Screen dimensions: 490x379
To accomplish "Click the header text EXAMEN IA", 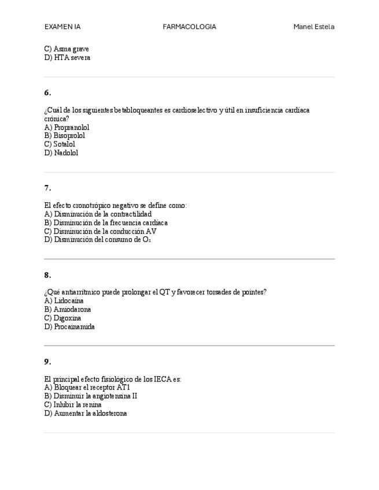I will coord(62,27).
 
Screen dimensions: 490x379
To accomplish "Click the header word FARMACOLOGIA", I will coord(189,27).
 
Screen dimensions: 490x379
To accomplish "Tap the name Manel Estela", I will coord(314,27).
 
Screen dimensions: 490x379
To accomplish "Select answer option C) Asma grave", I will coord(67,49).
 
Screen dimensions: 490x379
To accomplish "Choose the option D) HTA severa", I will coord(67,58).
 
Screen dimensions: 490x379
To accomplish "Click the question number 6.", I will coord(47,92).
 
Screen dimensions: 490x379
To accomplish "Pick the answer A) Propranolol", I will coord(67,127).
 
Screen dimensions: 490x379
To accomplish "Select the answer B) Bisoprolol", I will coord(64,136).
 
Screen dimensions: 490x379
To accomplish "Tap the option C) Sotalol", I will coord(60,144).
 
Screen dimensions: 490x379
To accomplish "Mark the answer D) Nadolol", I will coord(61,153).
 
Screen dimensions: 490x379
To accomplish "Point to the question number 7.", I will coord(47,188).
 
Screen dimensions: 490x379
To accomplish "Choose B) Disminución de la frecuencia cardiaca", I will coord(106,222).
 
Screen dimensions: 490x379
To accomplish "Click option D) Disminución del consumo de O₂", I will coord(97,240).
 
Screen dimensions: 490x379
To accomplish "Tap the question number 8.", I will coord(47,275).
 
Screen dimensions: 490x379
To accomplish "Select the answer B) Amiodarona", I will coord(67,309).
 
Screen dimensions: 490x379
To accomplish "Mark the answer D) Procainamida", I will coord(69,326).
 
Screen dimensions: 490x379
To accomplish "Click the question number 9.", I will coord(47,362).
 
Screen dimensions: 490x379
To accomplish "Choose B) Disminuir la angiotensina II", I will coord(90,396).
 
